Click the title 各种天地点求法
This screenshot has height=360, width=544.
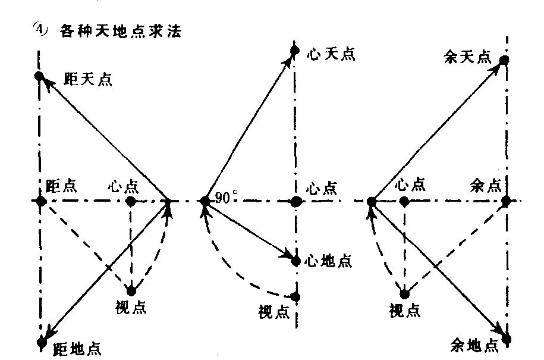pyautogui.click(x=120, y=32)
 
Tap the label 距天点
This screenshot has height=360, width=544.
pyautogui.click(x=88, y=80)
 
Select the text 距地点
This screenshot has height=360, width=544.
pyautogui.click(x=77, y=349)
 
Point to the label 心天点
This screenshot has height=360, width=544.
pyautogui.click(x=331, y=54)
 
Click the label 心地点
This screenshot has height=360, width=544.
pyautogui.click(x=328, y=261)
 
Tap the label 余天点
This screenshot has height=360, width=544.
pyautogui.click(x=468, y=57)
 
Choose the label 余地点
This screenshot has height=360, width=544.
pyautogui.click(x=474, y=346)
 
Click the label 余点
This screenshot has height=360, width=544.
pyautogui.click(x=486, y=186)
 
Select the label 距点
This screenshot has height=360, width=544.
pyautogui.click(x=61, y=186)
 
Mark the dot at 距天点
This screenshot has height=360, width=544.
pyautogui.click(x=39, y=76)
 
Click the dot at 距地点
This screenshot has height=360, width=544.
pyautogui.click(x=42, y=342)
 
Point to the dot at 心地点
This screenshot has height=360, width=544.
pyautogui.click(x=295, y=261)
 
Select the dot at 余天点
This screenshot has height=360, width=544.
pyautogui.click(x=504, y=60)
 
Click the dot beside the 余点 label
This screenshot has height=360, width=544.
pyautogui.click(x=506, y=201)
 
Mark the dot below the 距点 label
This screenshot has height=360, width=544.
pyautogui.click(x=41, y=201)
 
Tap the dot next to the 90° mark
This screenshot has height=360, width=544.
pyautogui.click(x=205, y=201)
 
